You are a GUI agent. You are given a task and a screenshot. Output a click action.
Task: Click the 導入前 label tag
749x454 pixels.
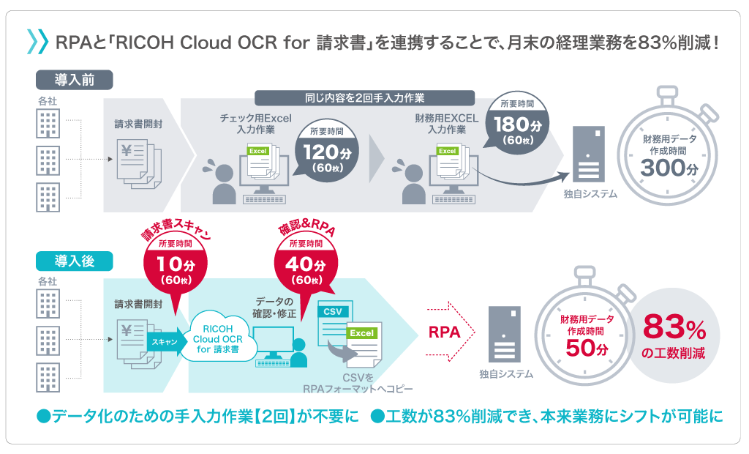tap(74, 78)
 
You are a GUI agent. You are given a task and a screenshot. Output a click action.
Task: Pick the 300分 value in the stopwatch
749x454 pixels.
tap(670, 168)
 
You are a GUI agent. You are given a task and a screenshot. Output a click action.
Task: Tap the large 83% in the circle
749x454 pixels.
tap(674, 327)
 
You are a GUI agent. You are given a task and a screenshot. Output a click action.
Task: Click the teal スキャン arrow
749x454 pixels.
tap(162, 341)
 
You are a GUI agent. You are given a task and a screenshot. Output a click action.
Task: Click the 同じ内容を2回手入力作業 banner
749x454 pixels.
tap(364, 97)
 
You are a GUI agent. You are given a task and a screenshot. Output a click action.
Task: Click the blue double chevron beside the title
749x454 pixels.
tap(37, 42)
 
